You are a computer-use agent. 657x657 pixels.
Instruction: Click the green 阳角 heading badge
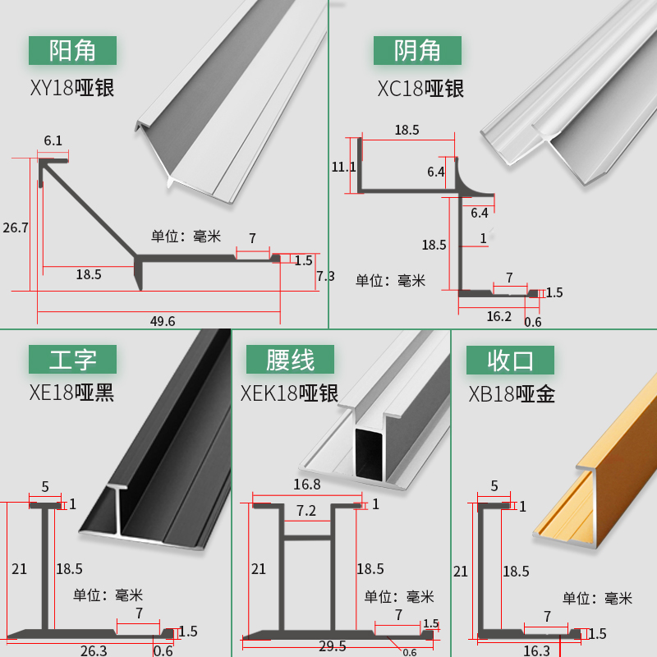72,50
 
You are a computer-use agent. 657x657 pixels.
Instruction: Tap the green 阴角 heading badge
417,50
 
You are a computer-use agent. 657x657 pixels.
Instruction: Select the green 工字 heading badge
72,359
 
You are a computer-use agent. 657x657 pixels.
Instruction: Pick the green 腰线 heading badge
290,359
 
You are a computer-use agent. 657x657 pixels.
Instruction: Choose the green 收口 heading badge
510,360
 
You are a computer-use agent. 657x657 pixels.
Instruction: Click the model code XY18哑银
72,88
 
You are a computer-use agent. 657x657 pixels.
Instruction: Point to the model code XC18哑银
420,89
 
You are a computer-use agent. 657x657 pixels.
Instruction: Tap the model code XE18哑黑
71,393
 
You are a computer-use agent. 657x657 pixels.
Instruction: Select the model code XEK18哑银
289,393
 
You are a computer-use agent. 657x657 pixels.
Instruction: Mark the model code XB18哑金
512,394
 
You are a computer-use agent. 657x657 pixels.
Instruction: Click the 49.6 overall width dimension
163,321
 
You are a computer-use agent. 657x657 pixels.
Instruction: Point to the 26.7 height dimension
16,227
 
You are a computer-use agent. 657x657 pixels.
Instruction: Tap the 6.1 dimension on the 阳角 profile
53,140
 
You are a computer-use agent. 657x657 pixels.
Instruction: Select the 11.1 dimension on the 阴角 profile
343,168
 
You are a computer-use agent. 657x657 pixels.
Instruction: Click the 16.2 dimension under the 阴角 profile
498,316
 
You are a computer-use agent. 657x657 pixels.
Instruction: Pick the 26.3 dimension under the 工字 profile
94,650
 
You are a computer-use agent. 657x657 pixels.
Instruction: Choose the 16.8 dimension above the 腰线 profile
306,485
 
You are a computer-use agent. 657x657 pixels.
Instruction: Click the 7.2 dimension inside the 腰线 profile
306,511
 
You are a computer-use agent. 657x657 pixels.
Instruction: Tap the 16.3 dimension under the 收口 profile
536,650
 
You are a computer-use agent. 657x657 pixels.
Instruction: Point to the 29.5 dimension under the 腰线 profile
333,646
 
